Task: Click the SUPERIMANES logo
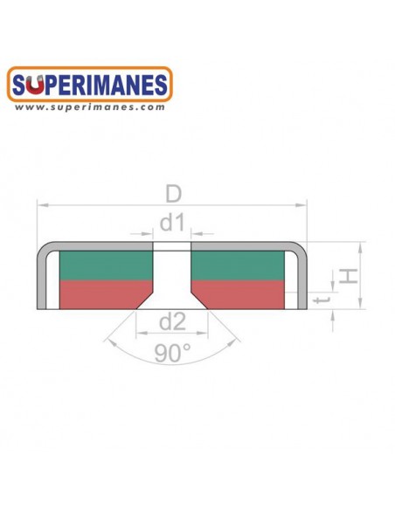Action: [89, 85]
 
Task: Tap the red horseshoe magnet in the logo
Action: [35, 85]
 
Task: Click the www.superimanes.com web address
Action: [89, 107]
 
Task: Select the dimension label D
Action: [173, 194]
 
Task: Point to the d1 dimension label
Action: [172, 224]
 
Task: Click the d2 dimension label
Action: [172, 321]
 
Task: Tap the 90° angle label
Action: [173, 353]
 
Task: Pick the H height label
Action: [349, 276]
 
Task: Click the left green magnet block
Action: [106, 265]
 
